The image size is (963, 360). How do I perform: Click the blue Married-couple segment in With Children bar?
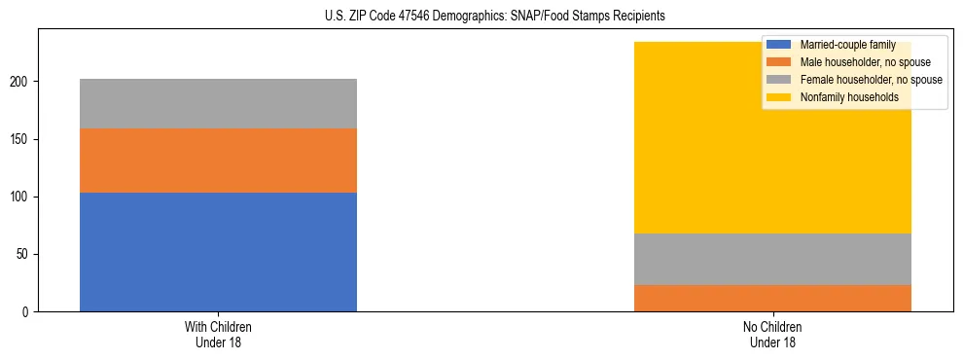point(218,252)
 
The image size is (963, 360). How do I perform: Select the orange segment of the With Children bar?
point(218,161)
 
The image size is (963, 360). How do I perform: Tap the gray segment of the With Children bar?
point(218,103)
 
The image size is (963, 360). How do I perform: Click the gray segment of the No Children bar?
point(772,259)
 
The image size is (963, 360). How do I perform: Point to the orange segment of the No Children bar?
point(772,298)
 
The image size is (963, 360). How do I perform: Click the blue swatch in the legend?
point(779,45)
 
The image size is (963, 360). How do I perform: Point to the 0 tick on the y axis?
point(27,312)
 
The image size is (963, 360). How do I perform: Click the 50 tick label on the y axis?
point(24,255)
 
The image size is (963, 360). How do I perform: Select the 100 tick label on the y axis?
point(21,198)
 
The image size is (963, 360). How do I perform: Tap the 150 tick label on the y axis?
point(21,140)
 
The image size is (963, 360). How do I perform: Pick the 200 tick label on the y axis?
point(21,83)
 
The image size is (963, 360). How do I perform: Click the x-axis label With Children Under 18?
point(218,334)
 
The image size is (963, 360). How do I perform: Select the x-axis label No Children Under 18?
point(772,334)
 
